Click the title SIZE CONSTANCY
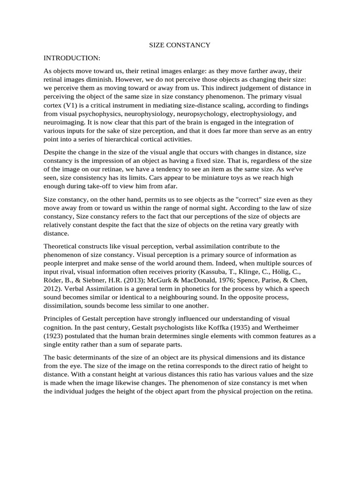coord(180,45)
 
